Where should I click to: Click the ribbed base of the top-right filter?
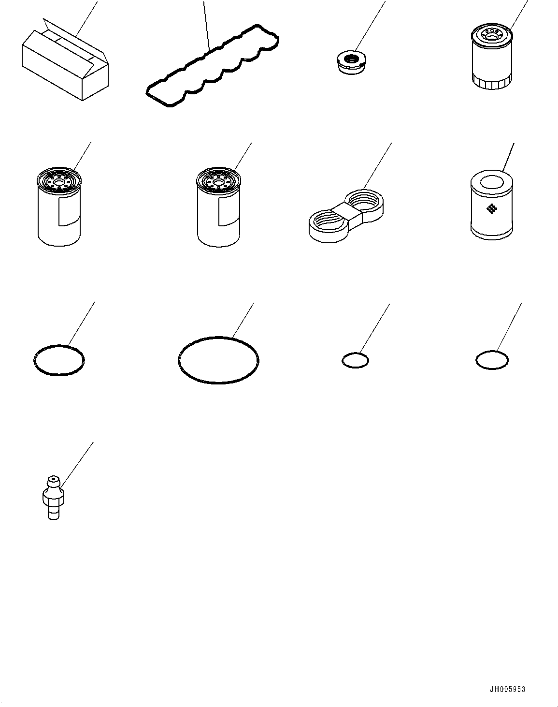(491, 84)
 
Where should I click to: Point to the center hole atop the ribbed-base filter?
(492, 34)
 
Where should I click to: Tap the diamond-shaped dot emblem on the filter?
(491, 209)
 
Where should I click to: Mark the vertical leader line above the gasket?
(206, 24)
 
